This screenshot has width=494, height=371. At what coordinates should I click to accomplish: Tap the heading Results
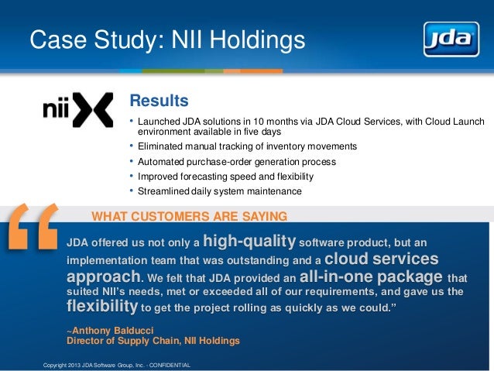(x=159, y=101)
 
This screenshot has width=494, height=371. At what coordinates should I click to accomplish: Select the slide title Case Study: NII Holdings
(x=167, y=40)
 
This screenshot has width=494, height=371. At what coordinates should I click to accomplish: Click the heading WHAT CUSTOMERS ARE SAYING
(x=190, y=215)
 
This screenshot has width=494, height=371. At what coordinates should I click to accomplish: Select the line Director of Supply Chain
(x=153, y=340)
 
